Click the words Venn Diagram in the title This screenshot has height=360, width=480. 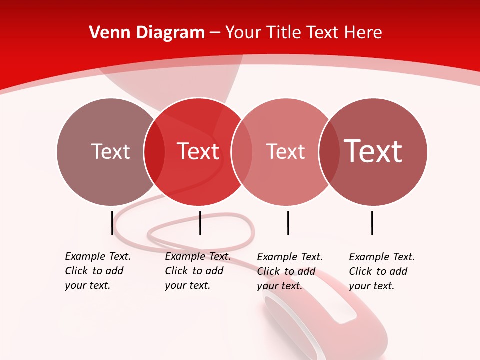tap(147, 33)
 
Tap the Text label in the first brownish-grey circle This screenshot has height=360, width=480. tap(110, 151)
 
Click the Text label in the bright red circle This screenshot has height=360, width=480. tap(198, 151)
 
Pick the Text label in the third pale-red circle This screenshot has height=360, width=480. tap(285, 151)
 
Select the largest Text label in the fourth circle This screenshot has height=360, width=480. tap(373, 151)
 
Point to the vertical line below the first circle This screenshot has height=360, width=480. tap(112, 223)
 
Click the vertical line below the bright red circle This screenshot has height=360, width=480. tap(200, 223)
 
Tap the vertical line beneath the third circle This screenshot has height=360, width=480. tap(288, 223)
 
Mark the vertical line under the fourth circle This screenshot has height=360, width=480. tap(372, 223)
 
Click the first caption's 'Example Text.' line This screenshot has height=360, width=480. tap(98, 256)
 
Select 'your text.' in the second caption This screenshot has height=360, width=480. tap(187, 285)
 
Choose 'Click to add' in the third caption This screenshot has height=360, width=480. tap(286, 271)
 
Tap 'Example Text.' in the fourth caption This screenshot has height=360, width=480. tap(382, 257)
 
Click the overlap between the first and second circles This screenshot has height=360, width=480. tap(154, 151)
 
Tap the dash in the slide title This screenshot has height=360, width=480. tap(215, 33)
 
